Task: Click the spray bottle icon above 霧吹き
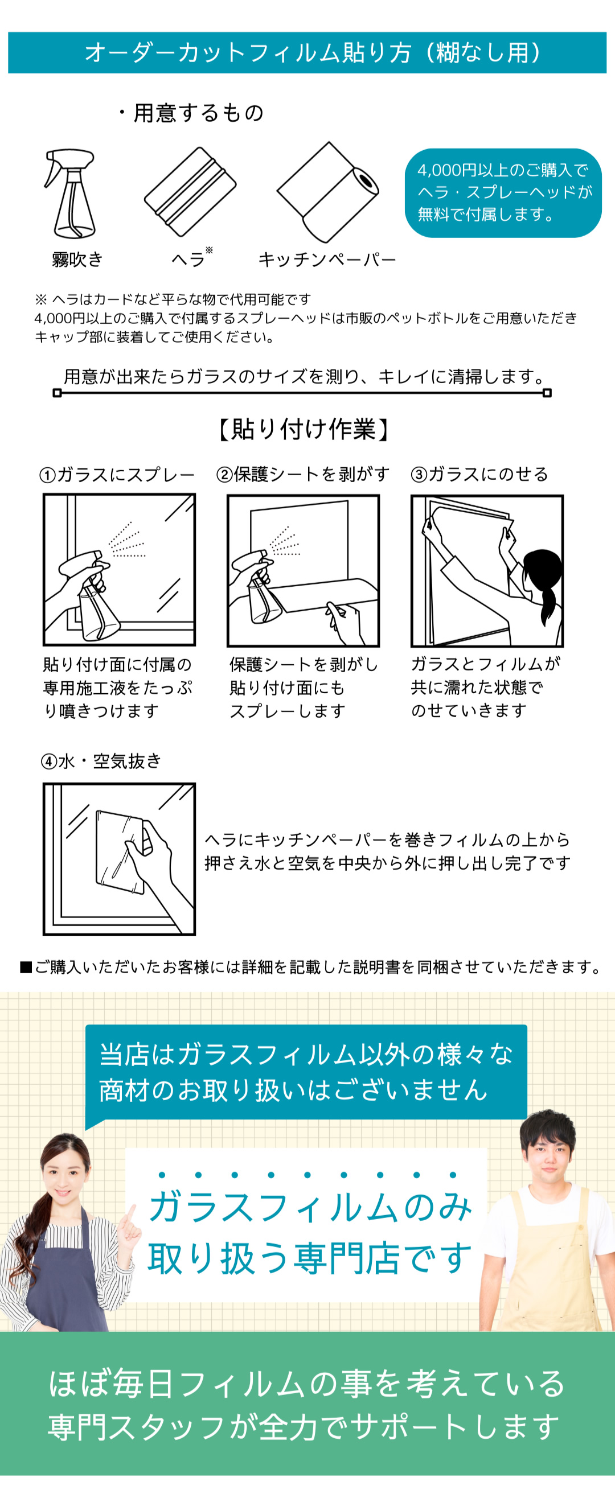71,194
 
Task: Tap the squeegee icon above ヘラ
190,192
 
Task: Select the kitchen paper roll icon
328,192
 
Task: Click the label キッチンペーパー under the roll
327,260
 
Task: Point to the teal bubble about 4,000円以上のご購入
503,192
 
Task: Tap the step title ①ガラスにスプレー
117,475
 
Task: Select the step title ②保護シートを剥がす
303,474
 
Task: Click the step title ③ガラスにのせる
479,474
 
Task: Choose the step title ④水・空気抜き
100,761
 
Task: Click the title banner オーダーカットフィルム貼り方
307,53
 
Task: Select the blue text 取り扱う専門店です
310,1258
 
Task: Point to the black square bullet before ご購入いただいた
26,967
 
